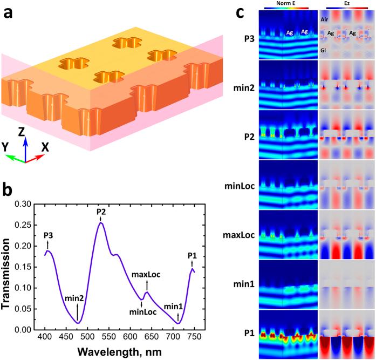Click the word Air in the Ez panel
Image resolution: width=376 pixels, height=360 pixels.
coord(325,18)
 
